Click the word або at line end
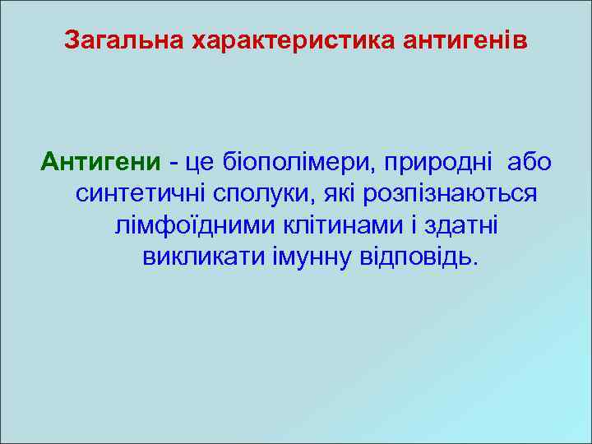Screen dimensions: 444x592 coord(530,163)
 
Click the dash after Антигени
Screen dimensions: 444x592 coord(175,163)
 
